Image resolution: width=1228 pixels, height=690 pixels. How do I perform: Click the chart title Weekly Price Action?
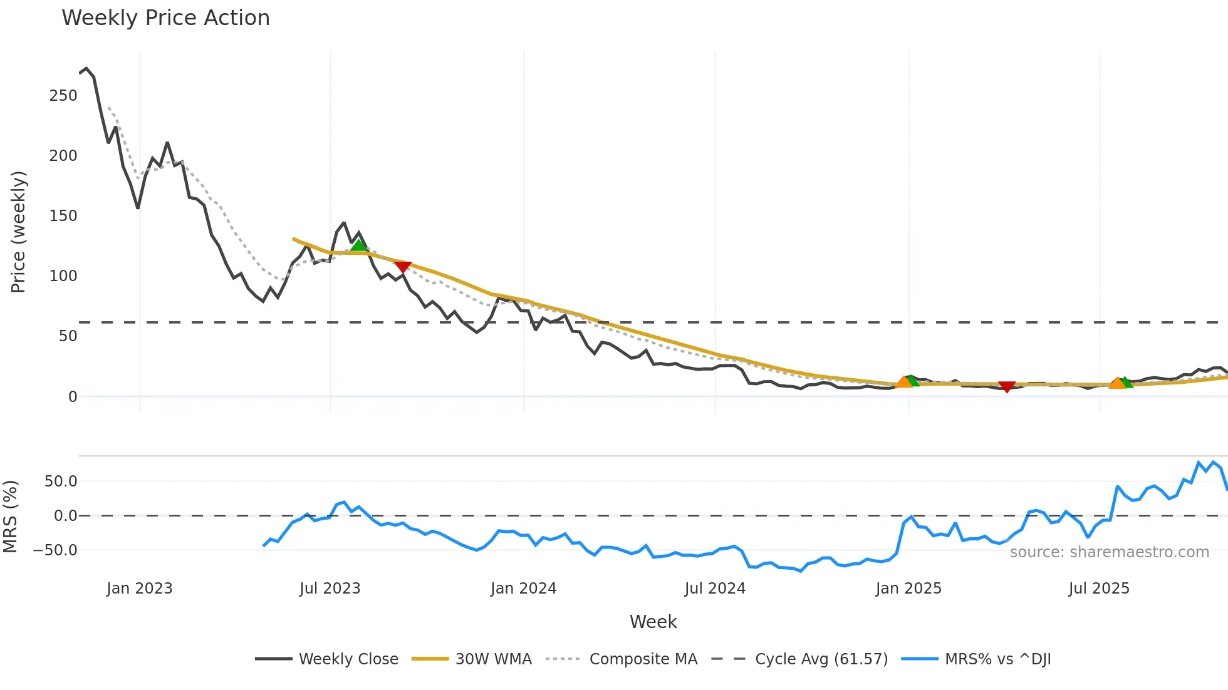(x=165, y=18)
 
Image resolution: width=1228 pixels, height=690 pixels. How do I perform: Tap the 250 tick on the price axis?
(x=63, y=96)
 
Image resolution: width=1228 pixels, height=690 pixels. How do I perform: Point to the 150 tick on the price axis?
(x=63, y=216)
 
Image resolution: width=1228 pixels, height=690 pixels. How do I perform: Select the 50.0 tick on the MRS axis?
(x=61, y=481)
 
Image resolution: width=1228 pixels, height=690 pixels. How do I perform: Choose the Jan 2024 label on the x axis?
(x=523, y=589)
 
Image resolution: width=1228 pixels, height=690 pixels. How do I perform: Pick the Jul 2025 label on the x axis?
(x=1099, y=589)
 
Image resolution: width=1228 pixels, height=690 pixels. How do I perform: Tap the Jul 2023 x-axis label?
(x=330, y=589)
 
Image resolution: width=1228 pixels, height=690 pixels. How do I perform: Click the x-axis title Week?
(x=653, y=622)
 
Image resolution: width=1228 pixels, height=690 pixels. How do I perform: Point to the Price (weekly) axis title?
(x=18, y=232)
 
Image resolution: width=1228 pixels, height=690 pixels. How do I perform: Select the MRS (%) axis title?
(x=10, y=517)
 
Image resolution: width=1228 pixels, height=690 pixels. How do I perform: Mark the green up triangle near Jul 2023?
(x=358, y=245)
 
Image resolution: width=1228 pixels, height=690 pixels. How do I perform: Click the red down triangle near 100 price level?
(x=403, y=267)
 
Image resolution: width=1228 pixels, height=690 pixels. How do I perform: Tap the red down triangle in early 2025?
(x=1007, y=387)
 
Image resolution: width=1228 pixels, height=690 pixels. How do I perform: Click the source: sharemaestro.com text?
(x=1109, y=552)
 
